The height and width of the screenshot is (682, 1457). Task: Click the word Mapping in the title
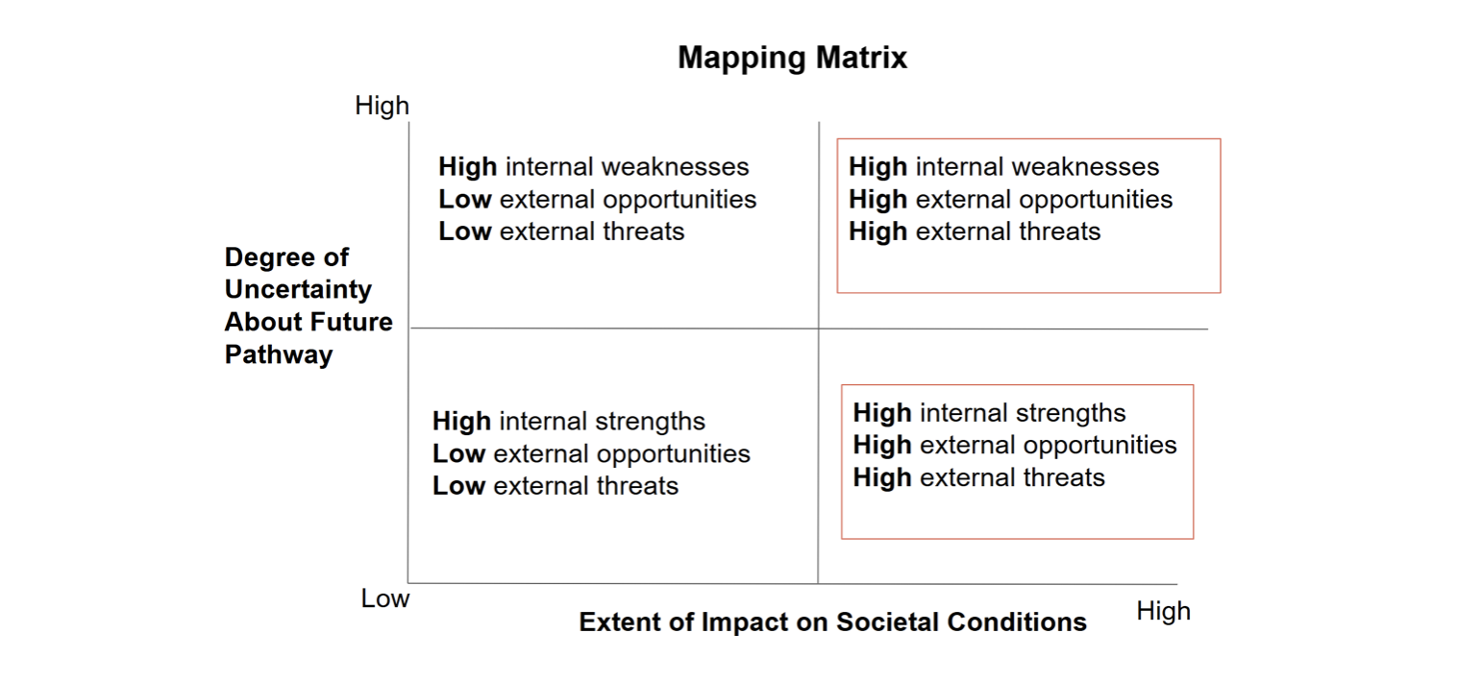[x=742, y=59]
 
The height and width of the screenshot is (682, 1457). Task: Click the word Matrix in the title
[x=862, y=58]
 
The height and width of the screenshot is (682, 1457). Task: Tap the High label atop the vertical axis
[x=382, y=107]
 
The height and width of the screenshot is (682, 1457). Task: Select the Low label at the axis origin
[x=385, y=598]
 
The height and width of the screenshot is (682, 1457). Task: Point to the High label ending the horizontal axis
[x=1164, y=612]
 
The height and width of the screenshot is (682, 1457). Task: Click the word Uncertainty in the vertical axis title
[x=298, y=290]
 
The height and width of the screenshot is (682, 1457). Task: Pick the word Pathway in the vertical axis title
[x=279, y=355]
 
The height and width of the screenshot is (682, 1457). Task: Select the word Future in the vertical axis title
[x=351, y=322]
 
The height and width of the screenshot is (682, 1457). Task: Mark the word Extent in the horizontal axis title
[x=619, y=622]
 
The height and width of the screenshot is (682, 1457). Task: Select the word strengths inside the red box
[x=1071, y=413]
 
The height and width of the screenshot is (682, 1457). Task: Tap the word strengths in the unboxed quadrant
[x=650, y=422]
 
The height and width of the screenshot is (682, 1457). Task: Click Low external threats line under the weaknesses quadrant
[x=561, y=231]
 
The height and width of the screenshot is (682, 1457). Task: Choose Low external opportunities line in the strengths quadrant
[x=591, y=454]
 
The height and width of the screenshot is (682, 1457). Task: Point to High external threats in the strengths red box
[x=979, y=477]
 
